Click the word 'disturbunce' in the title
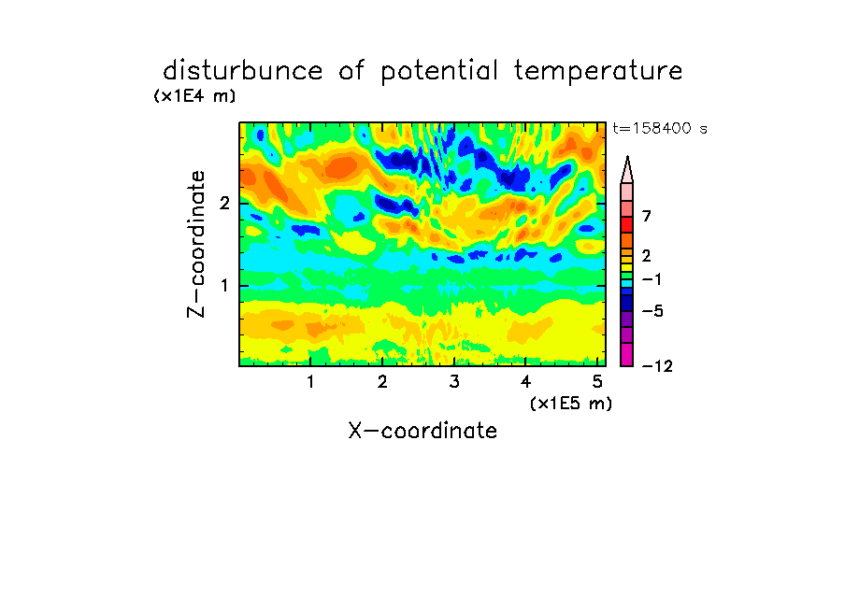242,70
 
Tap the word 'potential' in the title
439,71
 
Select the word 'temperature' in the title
598,71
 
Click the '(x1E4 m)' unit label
194,96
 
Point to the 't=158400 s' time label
660,128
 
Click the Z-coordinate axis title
196,244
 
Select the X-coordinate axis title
422,431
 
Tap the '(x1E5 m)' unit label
571,403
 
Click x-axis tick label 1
310,381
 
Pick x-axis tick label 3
453,381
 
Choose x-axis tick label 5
597,381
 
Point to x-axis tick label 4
525,381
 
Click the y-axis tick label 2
224,203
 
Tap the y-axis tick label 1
224,286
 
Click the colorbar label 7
647,216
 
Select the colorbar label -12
657,366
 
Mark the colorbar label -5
652,311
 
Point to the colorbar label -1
651,279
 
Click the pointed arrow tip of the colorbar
627,157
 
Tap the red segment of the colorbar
627,224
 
